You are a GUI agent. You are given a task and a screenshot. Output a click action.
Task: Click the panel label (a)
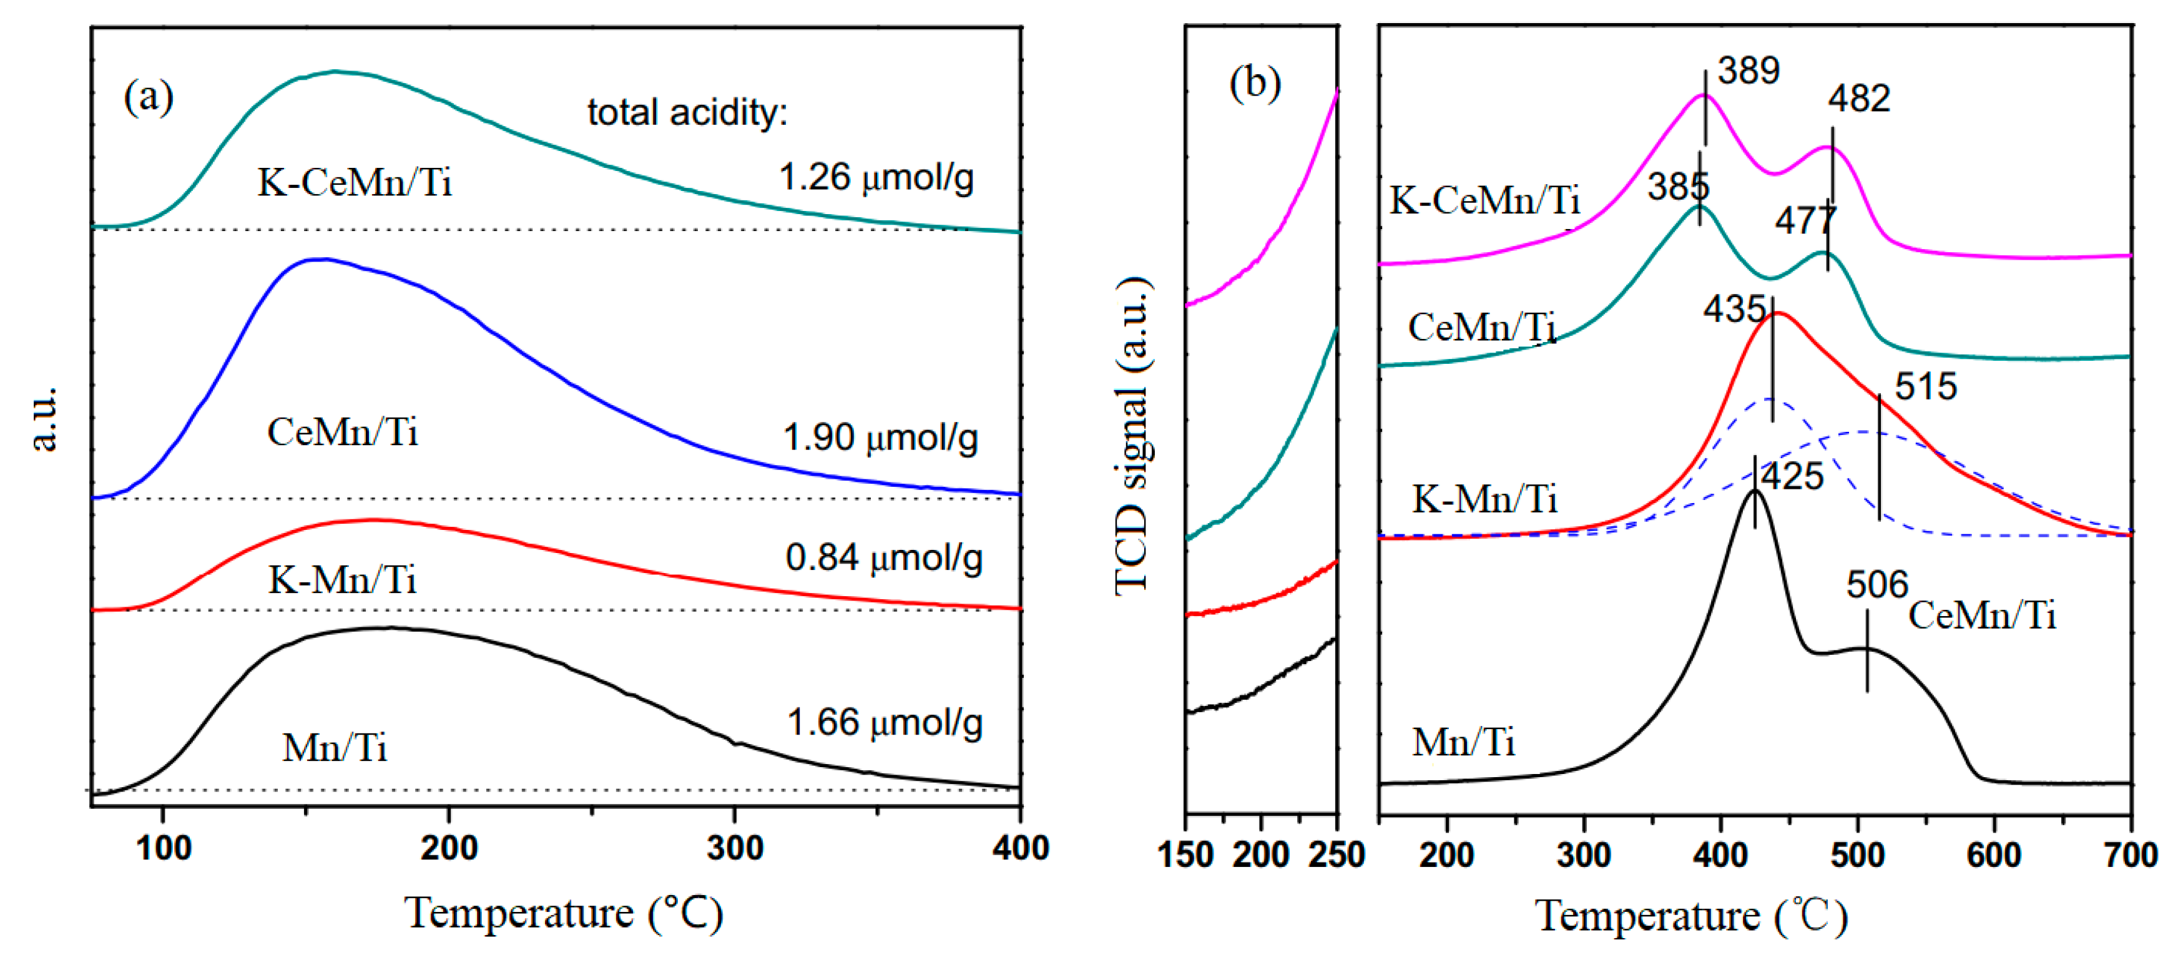pyautogui.click(x=149, y=97)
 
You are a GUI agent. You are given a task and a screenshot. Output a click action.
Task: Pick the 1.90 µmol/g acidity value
pyautogui.click(x=880, y=438)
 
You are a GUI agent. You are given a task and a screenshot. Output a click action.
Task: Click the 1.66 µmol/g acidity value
pyautogui.click(x=884, y=723)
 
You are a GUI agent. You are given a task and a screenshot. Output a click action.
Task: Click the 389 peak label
pyautogui.click(x=1749, y=71)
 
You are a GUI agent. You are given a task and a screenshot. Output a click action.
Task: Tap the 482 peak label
pyautogui.click(x=1858, y=99)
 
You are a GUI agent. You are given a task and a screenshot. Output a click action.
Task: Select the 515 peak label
pyautogui.click(x=1925, y=387)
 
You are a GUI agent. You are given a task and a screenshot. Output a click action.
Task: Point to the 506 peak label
pyautogui.click(x=1877, y=585)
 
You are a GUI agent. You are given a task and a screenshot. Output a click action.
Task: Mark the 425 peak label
pyautogui.click(x=1792, y=476)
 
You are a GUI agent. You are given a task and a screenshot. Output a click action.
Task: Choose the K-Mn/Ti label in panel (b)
pyautogui.click(x=1484, y=499)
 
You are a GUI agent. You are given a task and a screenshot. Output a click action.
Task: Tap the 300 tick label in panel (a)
pyautogui.click(x=734, y=848)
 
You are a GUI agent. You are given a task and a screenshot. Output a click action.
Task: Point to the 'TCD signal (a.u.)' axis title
pyautogui.click(x=1133, y=436)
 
